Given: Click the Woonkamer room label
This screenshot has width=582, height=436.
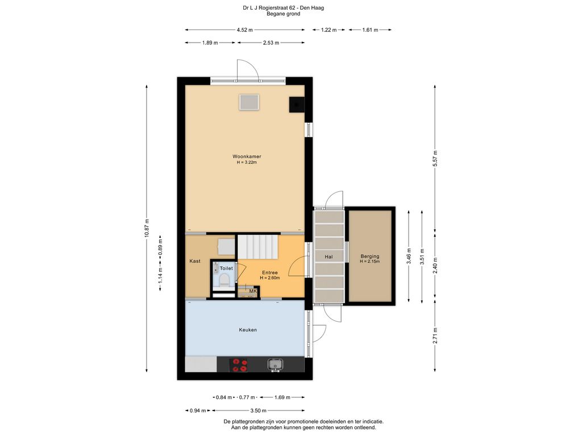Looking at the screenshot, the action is (x=247, y=157).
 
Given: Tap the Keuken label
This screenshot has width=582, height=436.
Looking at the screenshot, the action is (x=248, y=330).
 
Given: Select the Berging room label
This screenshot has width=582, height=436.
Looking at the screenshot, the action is (x=369, y=256).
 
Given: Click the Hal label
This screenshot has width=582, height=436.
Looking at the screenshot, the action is (x=329, y=257).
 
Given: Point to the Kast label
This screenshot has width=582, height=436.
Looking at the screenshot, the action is (x=195, y=261).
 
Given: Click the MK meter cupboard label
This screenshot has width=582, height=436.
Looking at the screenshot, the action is (x=253, y=291).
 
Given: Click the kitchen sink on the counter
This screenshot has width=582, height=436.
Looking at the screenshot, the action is (x=275, y=364).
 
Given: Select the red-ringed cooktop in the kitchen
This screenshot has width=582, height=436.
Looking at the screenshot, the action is (x=239, y=364).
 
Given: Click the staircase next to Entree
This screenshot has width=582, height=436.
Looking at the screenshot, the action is (x=257, y=246).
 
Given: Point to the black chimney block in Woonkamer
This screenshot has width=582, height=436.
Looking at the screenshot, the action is (x=297, y=104).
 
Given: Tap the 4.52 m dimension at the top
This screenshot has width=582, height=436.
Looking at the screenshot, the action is (x=244, y=30).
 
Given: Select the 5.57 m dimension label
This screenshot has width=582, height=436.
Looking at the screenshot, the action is (x=435, y=158).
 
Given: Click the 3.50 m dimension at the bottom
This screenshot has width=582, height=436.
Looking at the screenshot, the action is (x=259, y=410).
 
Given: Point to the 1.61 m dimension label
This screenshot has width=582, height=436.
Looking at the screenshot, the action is (x=370, y=30).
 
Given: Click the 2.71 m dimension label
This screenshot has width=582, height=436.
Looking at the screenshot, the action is (x=435, y=336).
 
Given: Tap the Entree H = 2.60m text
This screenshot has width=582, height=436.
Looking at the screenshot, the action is (x=270, y=275).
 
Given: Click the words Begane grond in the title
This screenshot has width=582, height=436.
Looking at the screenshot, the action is (x=283, y=14).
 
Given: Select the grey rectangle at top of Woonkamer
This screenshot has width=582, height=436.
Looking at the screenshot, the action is (x=249, y=102).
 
